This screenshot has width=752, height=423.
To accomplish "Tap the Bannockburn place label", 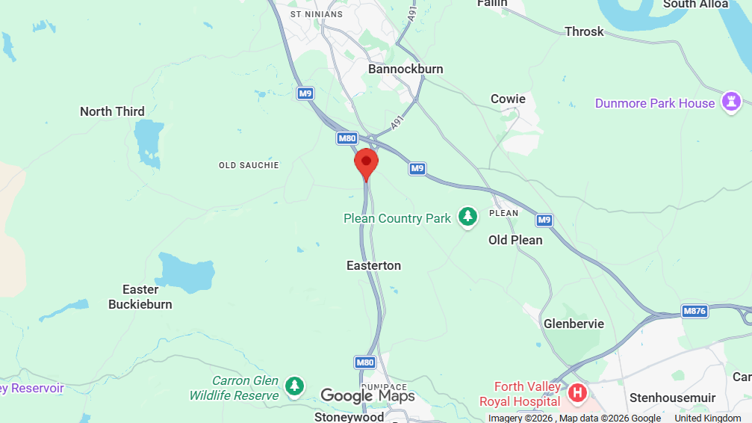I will click(x=405, y=69).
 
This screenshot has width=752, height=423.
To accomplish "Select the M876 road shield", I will click(x=694, y=311).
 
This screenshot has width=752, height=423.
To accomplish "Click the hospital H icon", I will click(x=577, y=392).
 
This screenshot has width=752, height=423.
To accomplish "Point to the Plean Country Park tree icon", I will click(x=467, y=217).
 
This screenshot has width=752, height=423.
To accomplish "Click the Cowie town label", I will click(x=508, y=99).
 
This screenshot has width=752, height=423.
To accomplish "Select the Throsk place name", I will click(x=584, y=31).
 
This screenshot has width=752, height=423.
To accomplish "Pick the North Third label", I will click(x=112, y=111).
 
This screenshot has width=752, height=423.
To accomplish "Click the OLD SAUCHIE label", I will click(x=249, y=165).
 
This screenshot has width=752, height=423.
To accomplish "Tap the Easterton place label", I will click(x=373, y=265).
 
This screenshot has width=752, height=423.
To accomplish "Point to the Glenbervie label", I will click(x=574, y=324).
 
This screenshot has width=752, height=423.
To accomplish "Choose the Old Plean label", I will click(x=515, y=240).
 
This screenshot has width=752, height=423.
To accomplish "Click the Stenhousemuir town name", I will click(x=672, y=398).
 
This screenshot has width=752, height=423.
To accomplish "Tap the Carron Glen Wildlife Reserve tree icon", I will click(x=296, y=386).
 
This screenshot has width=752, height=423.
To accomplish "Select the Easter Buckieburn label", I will click(x=140, y=297).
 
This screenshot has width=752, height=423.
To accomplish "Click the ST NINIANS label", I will click(x=316, y=14).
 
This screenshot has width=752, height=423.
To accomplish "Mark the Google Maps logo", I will click(x=367, y=395).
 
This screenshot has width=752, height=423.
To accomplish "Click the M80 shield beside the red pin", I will click(x=347, y=138).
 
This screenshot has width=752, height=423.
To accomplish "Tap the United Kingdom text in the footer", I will click(x=708, y=418).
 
